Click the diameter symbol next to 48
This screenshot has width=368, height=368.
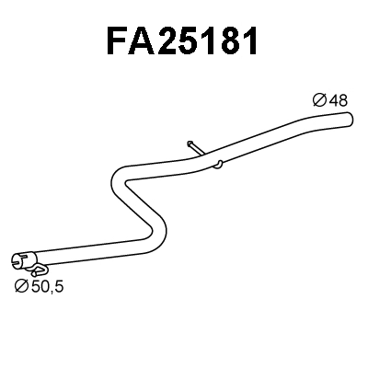tap(318, 100)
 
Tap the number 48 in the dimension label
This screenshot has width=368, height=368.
tap(339, 100)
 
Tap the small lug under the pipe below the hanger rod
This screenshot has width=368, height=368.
tap(218, 166)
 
